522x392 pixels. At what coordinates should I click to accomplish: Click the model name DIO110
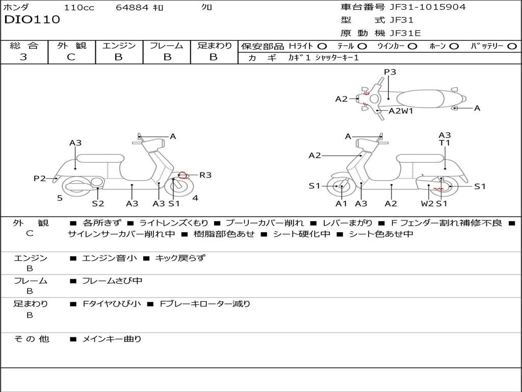[x=32, y=19]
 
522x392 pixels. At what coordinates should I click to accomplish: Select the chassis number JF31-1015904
[x=428, y=7]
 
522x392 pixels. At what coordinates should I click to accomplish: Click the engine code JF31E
[x=405, y=33]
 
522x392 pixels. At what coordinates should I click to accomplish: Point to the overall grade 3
[x=23, y=57]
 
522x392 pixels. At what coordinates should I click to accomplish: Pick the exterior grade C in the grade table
[x=71, y=57]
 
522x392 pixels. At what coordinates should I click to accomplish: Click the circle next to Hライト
[x=322, y=46]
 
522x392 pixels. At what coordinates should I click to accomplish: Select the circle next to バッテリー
[x=512, y=46]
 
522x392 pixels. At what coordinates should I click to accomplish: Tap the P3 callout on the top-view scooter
[x=390, y=71]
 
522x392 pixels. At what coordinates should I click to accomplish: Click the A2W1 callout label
[x=401, y=111]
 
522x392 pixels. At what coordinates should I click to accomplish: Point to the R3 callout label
[x=205, y=175]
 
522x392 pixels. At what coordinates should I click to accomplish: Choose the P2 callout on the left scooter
[x=40, y=179]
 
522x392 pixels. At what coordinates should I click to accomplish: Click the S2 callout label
[x=98, y=203]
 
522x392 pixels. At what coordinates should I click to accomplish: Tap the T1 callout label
[x=445, y=143]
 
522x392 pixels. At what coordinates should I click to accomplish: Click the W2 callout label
[x=427, y=203]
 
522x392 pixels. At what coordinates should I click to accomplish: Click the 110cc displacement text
[x=79, y=7]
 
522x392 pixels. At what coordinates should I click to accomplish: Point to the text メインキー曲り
[x=112, y=339]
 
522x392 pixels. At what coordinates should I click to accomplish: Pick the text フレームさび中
[x=112, y=281]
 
